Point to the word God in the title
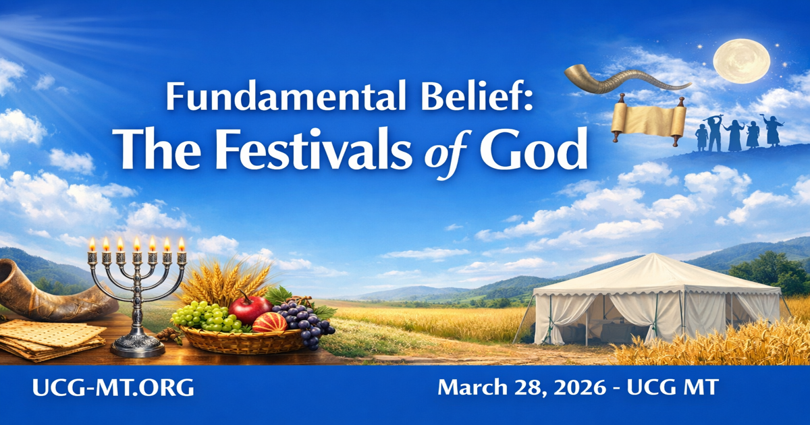[x=534, y=149]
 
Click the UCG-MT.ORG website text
[x=113, y=387]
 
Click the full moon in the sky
[x=742, y=61]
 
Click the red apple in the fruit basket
[x=250, y=309]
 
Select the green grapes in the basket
[x=207, y=316]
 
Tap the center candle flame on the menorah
[x=137, y=244]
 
